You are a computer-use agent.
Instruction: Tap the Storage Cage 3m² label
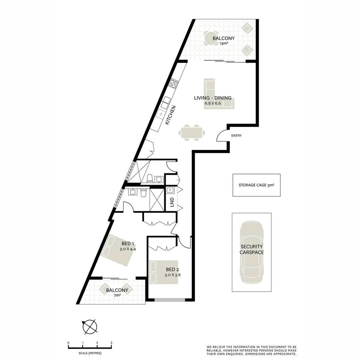click(256, 185)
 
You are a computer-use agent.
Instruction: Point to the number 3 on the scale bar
click(111, 343)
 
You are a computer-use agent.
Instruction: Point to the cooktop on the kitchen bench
click(173, 83)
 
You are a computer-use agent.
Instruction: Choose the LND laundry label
click(172, 202)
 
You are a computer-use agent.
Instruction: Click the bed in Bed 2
click(163, 272)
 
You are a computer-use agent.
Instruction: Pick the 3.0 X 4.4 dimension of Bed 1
click(128, 249)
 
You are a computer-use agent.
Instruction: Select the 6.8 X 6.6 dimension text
click(213, 103)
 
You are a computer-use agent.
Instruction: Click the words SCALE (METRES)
click(90, 353)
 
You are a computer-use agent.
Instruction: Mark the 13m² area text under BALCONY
click(224, 43)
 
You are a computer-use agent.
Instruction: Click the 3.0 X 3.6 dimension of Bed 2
click(173, 275)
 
